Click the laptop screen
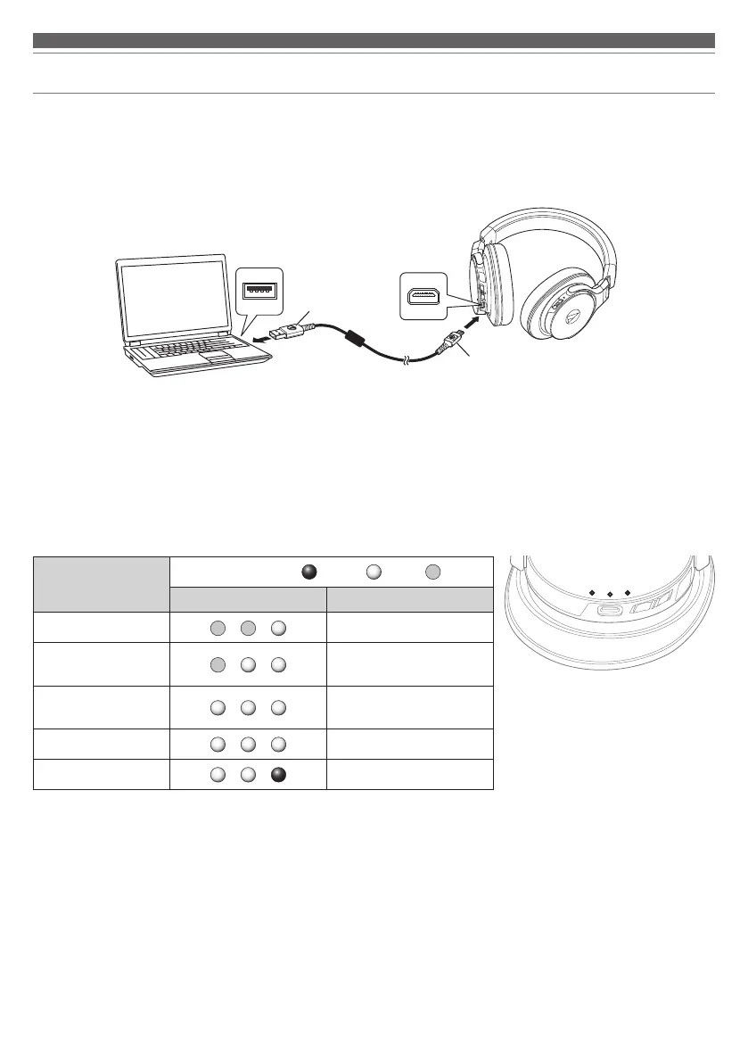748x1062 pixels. click(175, 299)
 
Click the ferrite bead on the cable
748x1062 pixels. click(355, 339)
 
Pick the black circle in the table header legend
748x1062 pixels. click(308, 572)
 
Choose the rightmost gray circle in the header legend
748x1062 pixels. click(432, 572)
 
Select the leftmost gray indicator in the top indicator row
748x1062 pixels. click(216, 627)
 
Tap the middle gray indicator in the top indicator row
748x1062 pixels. click(247, 627)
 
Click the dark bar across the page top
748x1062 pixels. click(374, 40)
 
